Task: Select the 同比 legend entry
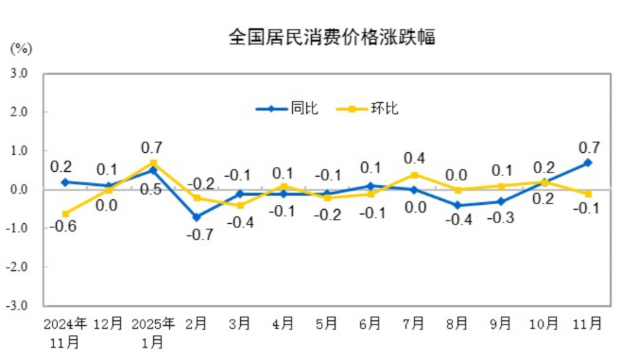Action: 287,109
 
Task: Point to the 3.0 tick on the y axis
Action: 20,73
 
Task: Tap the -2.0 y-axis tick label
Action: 18,267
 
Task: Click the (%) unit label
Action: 22,47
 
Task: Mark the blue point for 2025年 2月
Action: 197,217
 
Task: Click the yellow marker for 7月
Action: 414,175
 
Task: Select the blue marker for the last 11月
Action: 587,163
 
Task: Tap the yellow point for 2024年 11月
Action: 65,214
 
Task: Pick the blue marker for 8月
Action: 457,205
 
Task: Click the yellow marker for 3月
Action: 240,205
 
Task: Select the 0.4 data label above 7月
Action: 414,158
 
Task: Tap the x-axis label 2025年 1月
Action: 153,332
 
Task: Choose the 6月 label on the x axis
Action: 371,323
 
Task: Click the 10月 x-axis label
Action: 544,323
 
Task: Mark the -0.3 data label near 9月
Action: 501,218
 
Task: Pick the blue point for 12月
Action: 109,186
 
